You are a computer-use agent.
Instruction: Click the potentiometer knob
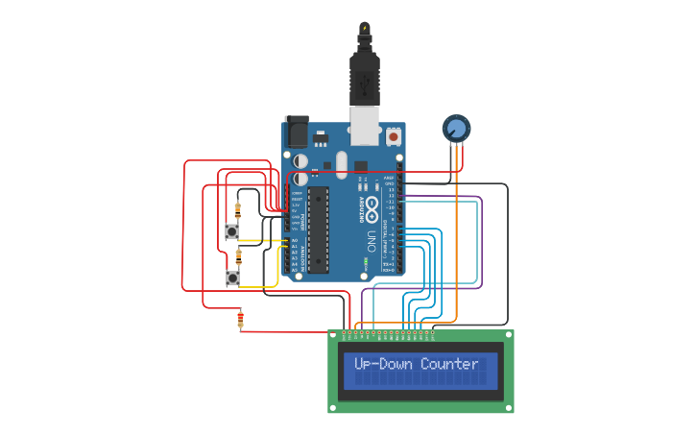coord(456,128)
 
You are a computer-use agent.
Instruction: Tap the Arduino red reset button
coord(394,137)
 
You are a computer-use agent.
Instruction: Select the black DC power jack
coord(296,132)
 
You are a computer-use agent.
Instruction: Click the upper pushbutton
coord(232,230)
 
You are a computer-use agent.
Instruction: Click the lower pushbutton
coord(232,278)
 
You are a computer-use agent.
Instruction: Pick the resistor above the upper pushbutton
coord(238,208)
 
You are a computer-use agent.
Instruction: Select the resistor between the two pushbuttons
coord(238,255)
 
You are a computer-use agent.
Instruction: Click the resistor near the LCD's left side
coord(240,319)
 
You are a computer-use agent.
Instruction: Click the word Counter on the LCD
coord(449,364)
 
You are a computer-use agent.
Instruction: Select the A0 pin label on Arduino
coord(295,240)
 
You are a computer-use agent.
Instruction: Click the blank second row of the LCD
coord(420,380)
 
